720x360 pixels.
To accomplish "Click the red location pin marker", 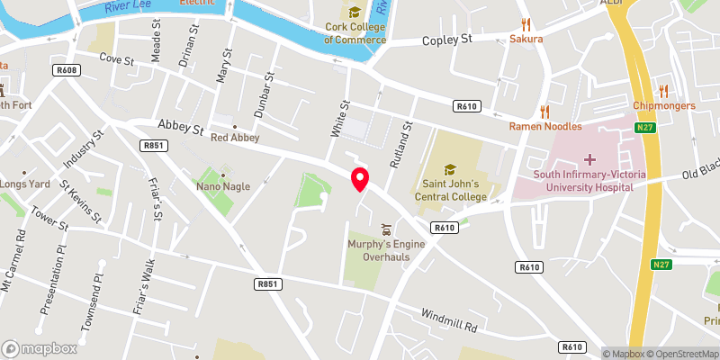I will (360, 178).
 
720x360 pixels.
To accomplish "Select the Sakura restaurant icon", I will (526, 24).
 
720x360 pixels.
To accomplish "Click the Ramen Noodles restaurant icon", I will (544, 112).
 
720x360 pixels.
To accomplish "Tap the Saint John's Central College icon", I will (449, 168).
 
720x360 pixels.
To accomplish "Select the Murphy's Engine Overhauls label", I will (386, 249).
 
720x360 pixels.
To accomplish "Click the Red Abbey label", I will (235, 138).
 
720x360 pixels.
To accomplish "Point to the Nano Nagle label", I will (223, 186).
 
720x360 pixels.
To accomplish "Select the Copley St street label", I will (447, 40).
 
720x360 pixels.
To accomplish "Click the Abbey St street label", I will (180, 129).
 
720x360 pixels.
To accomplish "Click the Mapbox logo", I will (38, 348).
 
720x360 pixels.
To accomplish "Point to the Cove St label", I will (116, 60).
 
